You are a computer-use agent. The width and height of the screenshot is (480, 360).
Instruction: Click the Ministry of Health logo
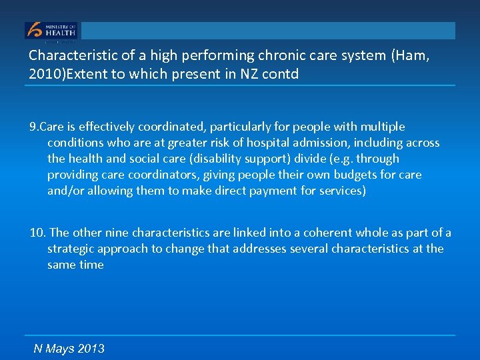51,31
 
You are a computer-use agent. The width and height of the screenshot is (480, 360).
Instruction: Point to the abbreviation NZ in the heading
251,74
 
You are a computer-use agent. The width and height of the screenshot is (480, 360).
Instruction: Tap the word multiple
382,127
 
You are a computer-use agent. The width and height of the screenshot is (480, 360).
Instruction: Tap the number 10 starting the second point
37,233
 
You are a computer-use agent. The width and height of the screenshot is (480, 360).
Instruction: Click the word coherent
327,233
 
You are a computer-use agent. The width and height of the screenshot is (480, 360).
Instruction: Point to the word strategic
71,249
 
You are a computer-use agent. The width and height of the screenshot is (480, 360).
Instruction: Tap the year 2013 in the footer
91,349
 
